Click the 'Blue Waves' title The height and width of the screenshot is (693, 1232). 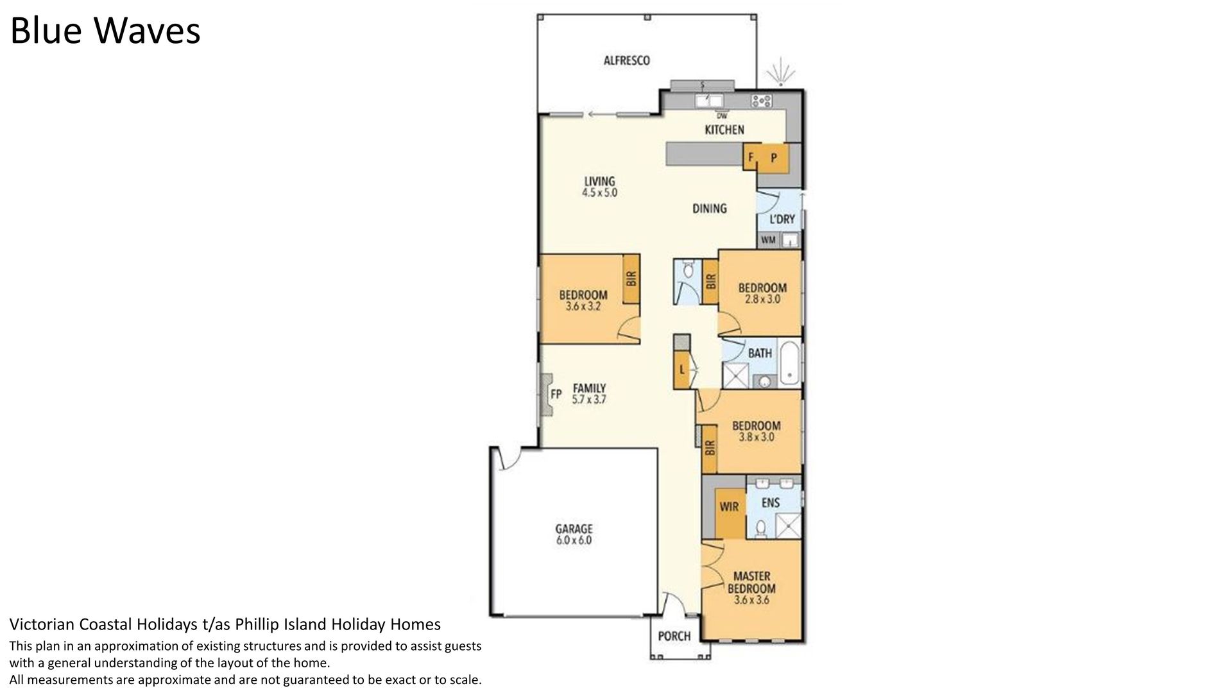105,30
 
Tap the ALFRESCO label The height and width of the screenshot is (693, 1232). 627,60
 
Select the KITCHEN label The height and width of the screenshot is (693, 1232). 724,130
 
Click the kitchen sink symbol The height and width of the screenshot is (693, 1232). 709,101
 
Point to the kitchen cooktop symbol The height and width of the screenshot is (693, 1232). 762,100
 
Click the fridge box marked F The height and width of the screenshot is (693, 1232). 751,157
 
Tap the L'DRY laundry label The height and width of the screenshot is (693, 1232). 782,219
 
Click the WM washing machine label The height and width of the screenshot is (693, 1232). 768,241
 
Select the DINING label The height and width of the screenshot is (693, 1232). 709,209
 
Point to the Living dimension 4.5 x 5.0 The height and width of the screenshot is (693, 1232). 600,193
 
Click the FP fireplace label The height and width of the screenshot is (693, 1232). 556,393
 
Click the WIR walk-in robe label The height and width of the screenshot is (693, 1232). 729,507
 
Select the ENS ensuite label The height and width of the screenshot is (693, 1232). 771,503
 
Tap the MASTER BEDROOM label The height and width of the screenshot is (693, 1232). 751,582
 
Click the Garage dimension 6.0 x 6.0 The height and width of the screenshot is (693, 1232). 574,541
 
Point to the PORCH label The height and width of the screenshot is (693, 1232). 674,636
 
